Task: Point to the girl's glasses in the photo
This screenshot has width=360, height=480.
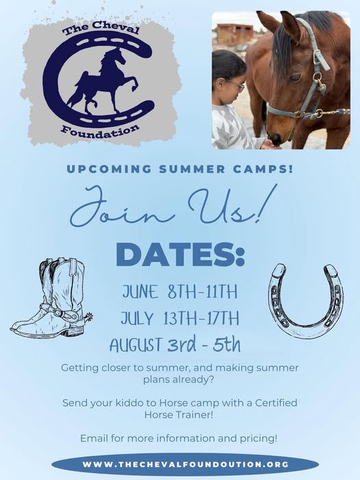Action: [x=237, y=86]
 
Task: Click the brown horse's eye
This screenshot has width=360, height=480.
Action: [x=295, y=77]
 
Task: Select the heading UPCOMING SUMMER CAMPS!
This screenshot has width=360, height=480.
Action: [x=180, y=169]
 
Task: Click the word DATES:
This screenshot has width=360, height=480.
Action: [x=181, y=254]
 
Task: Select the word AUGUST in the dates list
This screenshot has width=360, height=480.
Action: [x=136, y=344]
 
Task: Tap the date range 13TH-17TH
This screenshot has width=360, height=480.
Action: [x=201, y=318]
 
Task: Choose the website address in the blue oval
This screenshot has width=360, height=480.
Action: [x=185, y=464]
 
